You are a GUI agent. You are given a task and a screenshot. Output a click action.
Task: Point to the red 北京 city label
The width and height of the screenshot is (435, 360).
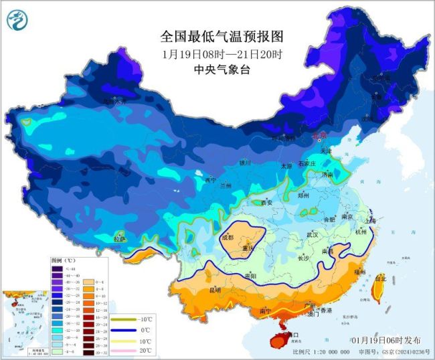[x=321, y=136]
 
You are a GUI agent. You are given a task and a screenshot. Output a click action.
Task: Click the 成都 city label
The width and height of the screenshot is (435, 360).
[x=227, y=237]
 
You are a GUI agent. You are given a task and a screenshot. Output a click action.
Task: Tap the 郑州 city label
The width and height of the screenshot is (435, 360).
[x=302, y=195]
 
